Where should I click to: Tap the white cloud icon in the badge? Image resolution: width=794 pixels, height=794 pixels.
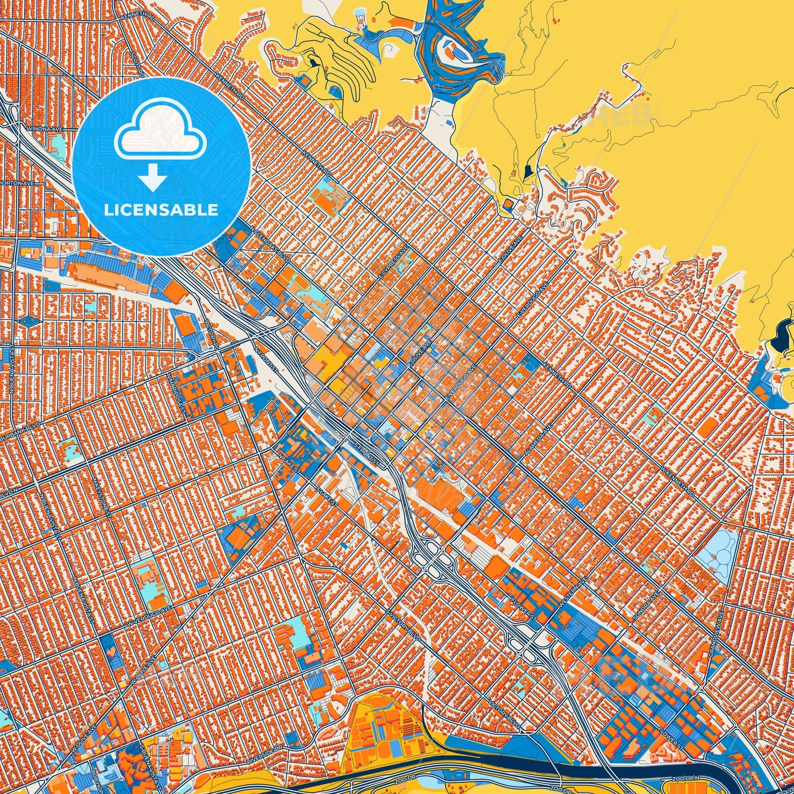160,131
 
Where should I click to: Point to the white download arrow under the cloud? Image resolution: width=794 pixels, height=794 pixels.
153,179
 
